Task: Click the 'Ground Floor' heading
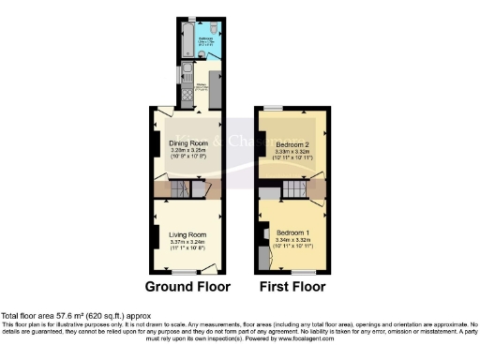click(188, 286)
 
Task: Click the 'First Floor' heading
click(293, 286)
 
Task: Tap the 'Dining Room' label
click(188, 143)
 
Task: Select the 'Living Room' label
click(188, 235)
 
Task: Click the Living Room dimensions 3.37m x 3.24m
click(188, 243)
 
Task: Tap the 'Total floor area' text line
click(75, 317)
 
